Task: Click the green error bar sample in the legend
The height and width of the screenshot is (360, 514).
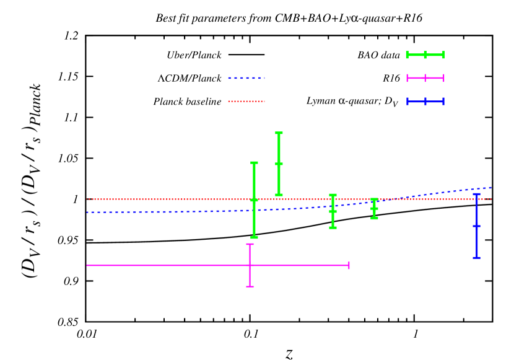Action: coord(425,55)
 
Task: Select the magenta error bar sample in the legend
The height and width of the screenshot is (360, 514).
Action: coord(425,78)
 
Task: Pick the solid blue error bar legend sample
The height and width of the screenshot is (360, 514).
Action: coord(425,101)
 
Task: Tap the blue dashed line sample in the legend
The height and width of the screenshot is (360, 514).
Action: coord(246,78)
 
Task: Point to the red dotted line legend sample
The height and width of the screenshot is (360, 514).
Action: coord(246,101)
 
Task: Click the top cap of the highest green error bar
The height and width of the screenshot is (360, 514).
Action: coord(279,133)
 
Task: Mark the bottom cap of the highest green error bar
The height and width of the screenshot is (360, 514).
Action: coord(279,195)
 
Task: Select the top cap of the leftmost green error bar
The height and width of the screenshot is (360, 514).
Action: coord(254,163)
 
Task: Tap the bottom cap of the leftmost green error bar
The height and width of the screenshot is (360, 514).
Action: coord(254,237)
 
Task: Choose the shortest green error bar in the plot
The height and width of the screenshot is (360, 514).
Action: coord(374,209)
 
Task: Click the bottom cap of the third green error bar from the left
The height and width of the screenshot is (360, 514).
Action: coord(333,227)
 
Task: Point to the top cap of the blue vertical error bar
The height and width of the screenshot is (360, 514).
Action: coord(476,194)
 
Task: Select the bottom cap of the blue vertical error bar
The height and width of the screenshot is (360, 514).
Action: coord(476,257)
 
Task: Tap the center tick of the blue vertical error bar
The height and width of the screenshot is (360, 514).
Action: coord(476,226)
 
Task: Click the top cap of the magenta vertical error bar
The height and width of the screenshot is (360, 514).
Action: coord(250,244)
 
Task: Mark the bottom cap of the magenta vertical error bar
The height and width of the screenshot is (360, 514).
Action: coord(250,286)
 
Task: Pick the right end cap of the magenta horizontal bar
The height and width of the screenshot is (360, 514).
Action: coord(349,265)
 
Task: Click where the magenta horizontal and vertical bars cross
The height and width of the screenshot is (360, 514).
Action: coord(250,265)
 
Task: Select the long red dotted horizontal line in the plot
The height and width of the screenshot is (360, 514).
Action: coord(155,199)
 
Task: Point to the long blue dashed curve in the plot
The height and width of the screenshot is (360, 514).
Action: coord(155,212)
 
